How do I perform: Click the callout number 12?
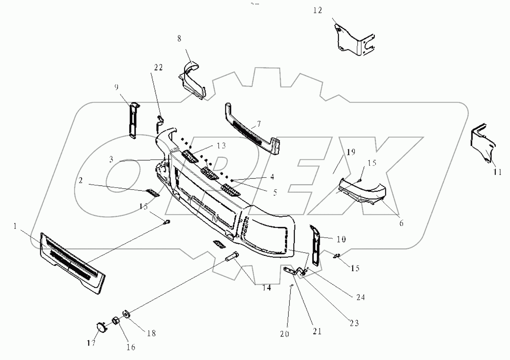click(317, 11)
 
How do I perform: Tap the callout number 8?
click(179, 39)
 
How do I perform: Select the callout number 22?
click(158, 67)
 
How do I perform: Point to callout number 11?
click(497, 172)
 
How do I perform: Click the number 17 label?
click(91, 343)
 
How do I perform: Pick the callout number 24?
click(360, 297)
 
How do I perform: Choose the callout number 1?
click(15, 226)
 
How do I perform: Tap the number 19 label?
click(351, 152)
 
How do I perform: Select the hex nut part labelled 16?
click(115, 322)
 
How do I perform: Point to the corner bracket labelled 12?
click(353, 40)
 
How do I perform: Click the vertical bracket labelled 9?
click(133, 120)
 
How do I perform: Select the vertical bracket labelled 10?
click(315, 246)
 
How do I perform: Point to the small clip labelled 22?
click(160, 122)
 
